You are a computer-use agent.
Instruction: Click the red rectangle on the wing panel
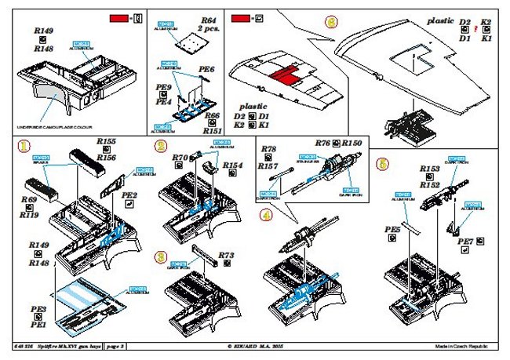280,76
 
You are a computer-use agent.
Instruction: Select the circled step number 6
383,165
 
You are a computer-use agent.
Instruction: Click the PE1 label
38,323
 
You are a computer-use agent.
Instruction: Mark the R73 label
227,255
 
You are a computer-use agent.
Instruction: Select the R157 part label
268,166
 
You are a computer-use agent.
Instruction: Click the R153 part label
429,169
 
